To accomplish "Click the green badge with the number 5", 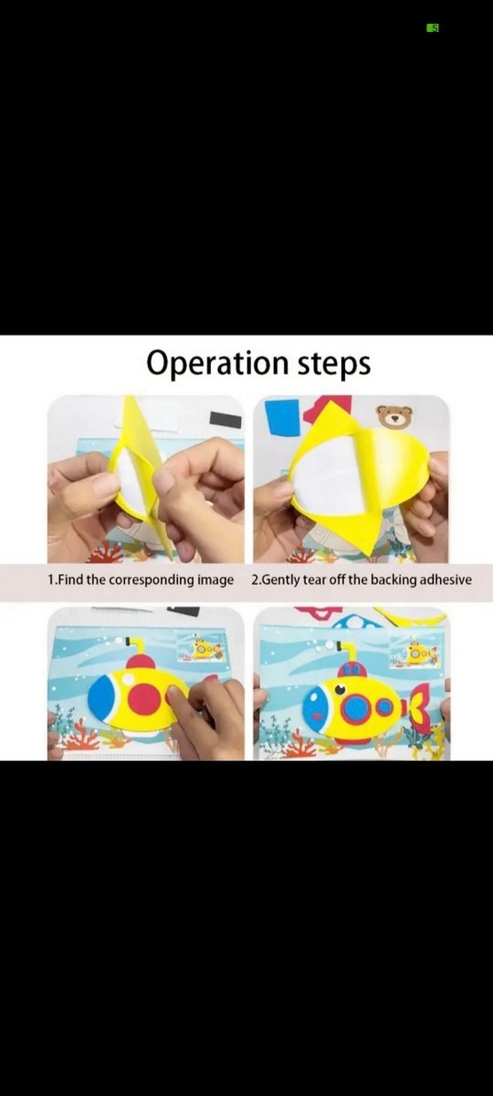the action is pos(433,28).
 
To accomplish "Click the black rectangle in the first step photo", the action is pos(225,419).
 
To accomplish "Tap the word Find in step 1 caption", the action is pos(71,580).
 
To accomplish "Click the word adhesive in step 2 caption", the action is pos(445,580).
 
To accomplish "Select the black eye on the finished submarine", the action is pos(340,690).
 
